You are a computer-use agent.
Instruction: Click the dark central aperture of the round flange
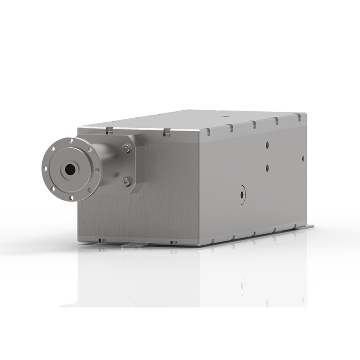pyautogui.click(x=70, y=170)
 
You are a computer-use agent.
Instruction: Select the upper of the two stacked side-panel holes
pyautogui.click(x=267, y=145)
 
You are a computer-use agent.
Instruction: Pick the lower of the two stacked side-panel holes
pyautogui.click(x=267, y=167)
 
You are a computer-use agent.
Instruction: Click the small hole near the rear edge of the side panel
pyautogui.click(x=303, y=158)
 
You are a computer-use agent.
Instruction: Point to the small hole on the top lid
pyautogui.click(x=225, y=116)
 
